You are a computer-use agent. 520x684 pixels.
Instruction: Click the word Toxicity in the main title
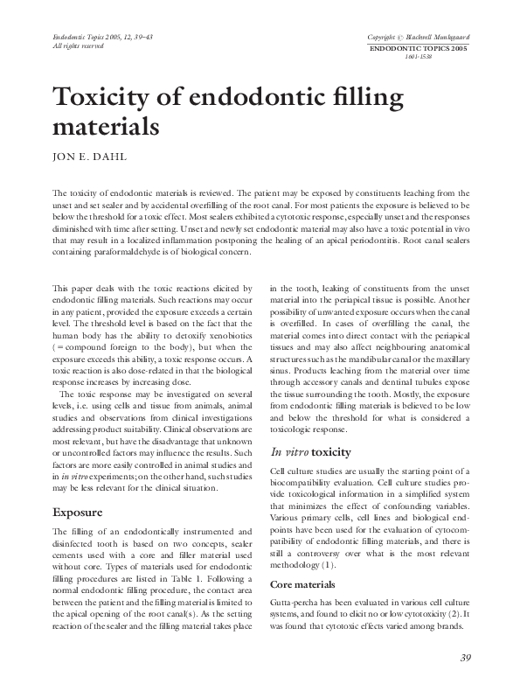(109, 96)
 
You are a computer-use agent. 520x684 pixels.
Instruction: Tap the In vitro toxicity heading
(310, 453)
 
